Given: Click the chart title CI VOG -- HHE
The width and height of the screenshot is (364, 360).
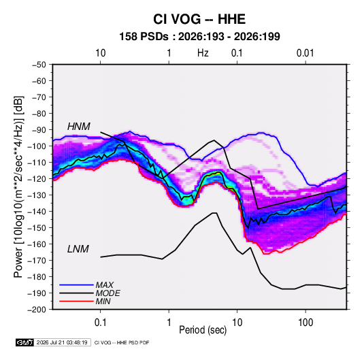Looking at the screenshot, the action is (199, 19).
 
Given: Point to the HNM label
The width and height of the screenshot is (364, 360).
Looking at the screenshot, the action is (79, 127).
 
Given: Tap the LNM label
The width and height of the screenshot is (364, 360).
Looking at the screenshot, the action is (78, 249).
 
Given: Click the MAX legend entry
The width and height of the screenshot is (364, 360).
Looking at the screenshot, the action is (105, 285).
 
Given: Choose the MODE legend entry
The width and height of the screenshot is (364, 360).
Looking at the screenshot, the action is (107, 293).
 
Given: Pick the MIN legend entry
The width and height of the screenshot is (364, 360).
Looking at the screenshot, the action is (103, 301).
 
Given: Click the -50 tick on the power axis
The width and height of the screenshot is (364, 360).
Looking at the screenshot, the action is (39, 65).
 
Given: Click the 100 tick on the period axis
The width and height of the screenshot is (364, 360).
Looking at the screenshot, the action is (305, 323).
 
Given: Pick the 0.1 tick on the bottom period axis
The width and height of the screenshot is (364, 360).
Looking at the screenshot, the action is (100, 323).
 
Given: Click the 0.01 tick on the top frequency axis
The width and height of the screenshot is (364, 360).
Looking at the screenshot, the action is (305, 53).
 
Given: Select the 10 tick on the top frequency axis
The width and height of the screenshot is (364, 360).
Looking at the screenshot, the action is (100, 53).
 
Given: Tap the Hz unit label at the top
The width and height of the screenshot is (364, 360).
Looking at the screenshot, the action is (203, 53).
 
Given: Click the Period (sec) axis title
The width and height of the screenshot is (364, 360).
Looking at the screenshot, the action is (203, 330).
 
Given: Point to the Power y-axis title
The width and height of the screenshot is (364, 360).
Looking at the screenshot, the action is (18, 187).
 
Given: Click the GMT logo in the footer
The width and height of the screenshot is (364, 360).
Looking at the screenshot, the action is (24, 342).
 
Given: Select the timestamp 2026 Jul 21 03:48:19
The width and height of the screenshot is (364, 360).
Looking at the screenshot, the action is (62, 342).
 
